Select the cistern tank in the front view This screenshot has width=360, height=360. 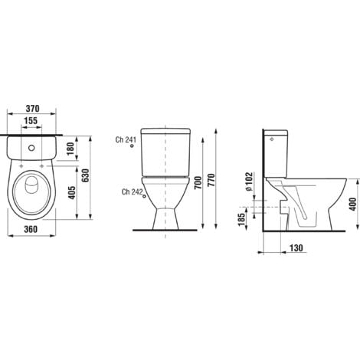tap(164, 152)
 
